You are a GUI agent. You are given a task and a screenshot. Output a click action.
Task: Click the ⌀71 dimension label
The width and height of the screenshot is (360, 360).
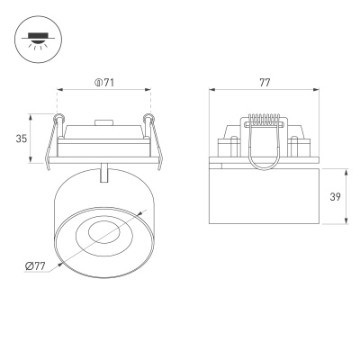coord(104,84)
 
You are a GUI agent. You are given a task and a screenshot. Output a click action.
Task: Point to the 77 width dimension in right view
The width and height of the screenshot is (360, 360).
coord(265,83)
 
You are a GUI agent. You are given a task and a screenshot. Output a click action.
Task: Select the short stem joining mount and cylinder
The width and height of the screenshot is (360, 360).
coord(105,172)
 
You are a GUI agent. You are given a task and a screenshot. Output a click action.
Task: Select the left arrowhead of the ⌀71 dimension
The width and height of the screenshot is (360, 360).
coord(60,90)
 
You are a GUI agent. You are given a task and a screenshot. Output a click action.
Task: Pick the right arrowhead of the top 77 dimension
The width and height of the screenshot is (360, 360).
coord(319,90)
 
